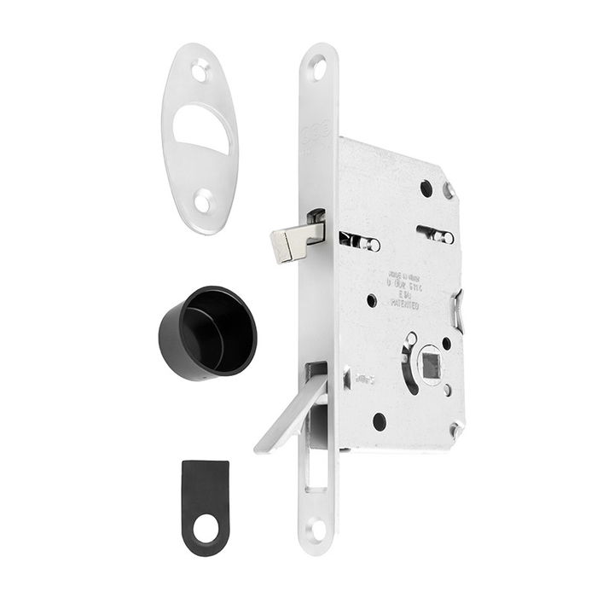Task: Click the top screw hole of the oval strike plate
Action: [200, 71]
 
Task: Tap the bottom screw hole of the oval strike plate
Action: [202, 203]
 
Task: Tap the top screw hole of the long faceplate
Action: [318, 67]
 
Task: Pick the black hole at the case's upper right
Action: [426, 188]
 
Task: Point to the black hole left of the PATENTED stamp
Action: [372, 300]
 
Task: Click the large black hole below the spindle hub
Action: [380, 421]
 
